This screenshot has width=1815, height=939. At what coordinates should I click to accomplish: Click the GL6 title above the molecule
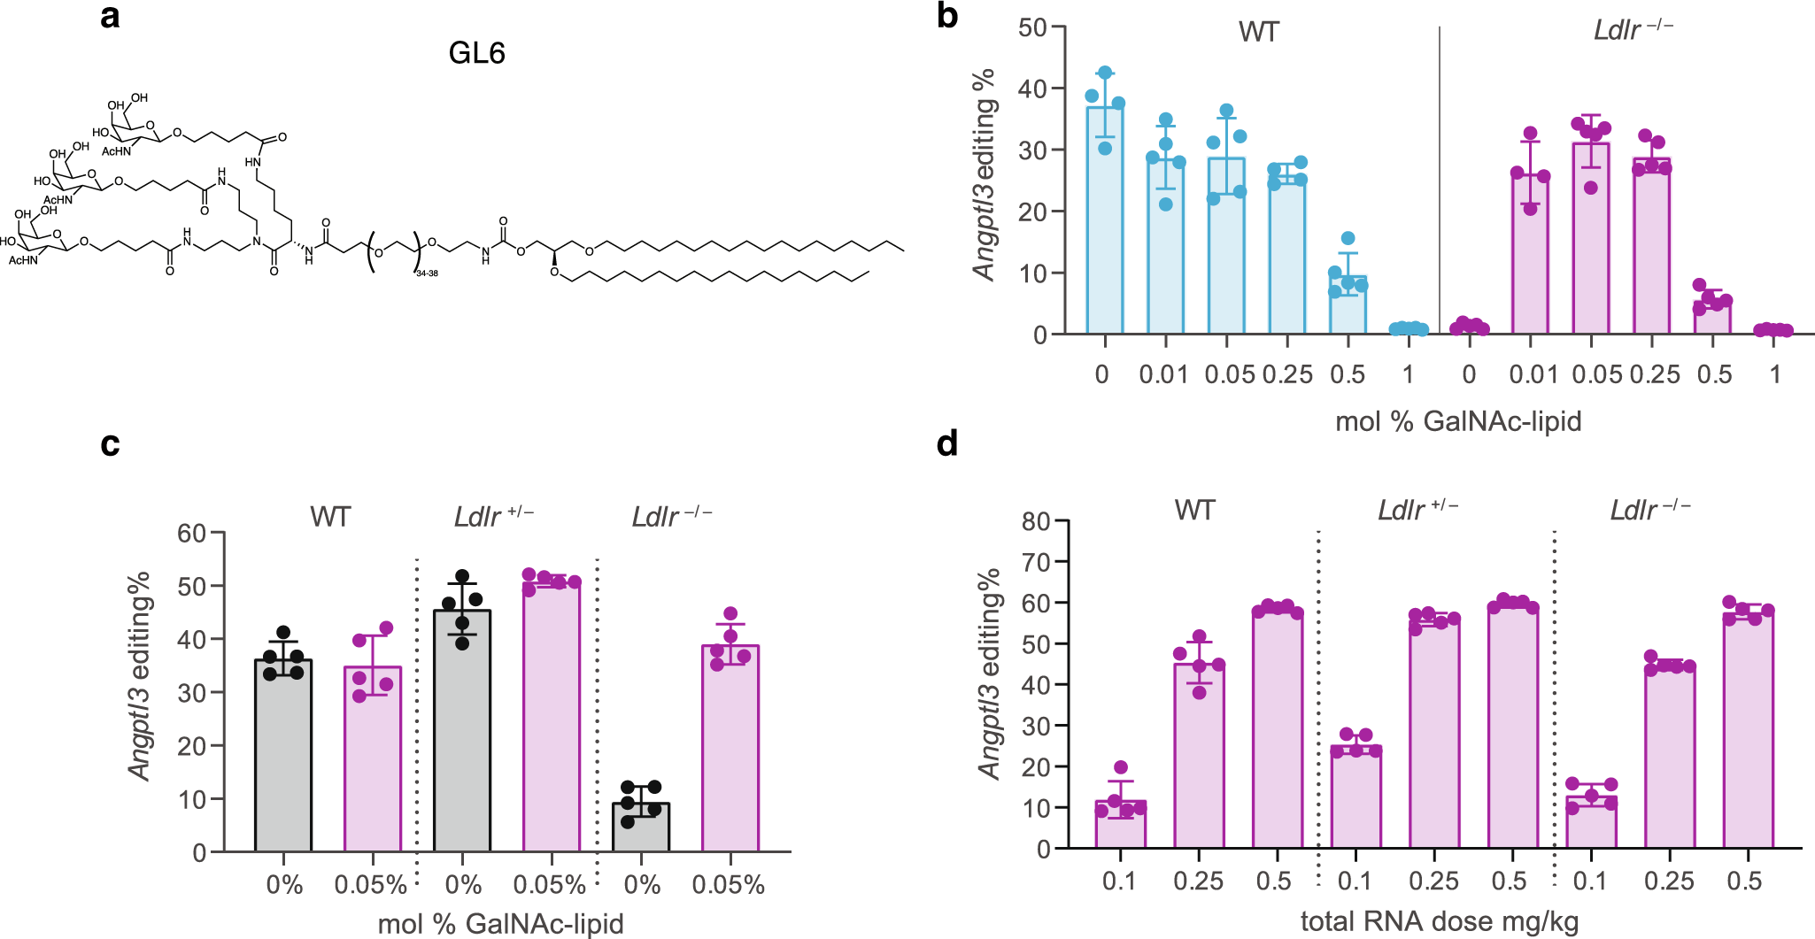pyautogui.click(x=476, y=53)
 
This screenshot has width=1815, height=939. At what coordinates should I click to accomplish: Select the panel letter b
pyautogui.click(x=946, y=16)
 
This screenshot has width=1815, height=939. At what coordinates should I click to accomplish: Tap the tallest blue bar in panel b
pyautogui.click(x=1104, y=221)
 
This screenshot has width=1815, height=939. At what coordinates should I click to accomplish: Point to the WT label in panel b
pyautogui.click(x=1258, y=33)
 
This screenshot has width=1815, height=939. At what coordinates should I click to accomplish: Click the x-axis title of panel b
pyautogui.click(x=1457, y=421)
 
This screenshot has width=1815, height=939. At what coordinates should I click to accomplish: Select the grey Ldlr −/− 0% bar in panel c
pyautogui.click(x=641, y=827)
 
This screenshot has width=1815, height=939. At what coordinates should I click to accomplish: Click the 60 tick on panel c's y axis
pyautogui.click(x=191, y=533)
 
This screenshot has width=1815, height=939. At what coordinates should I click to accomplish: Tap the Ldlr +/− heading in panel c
pyautogui.click(x=493, y=516)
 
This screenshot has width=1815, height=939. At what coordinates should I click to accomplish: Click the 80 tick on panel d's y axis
pyautogui.click(x=1035, y=521)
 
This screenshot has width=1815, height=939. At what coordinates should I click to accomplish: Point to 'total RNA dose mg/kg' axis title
pyautogui.click(x=1439, y=921)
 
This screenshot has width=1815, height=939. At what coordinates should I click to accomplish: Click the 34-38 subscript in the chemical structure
pyautogui.click(x=427, y=273)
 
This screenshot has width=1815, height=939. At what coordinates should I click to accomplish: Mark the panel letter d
pyautogui.click(x=946, y=443)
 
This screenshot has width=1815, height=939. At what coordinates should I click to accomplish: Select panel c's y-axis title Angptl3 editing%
pyautogui.click(x=140, y=677)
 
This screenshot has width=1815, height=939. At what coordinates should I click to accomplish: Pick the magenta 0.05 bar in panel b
pyautogui.click(x=1591, y=239)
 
